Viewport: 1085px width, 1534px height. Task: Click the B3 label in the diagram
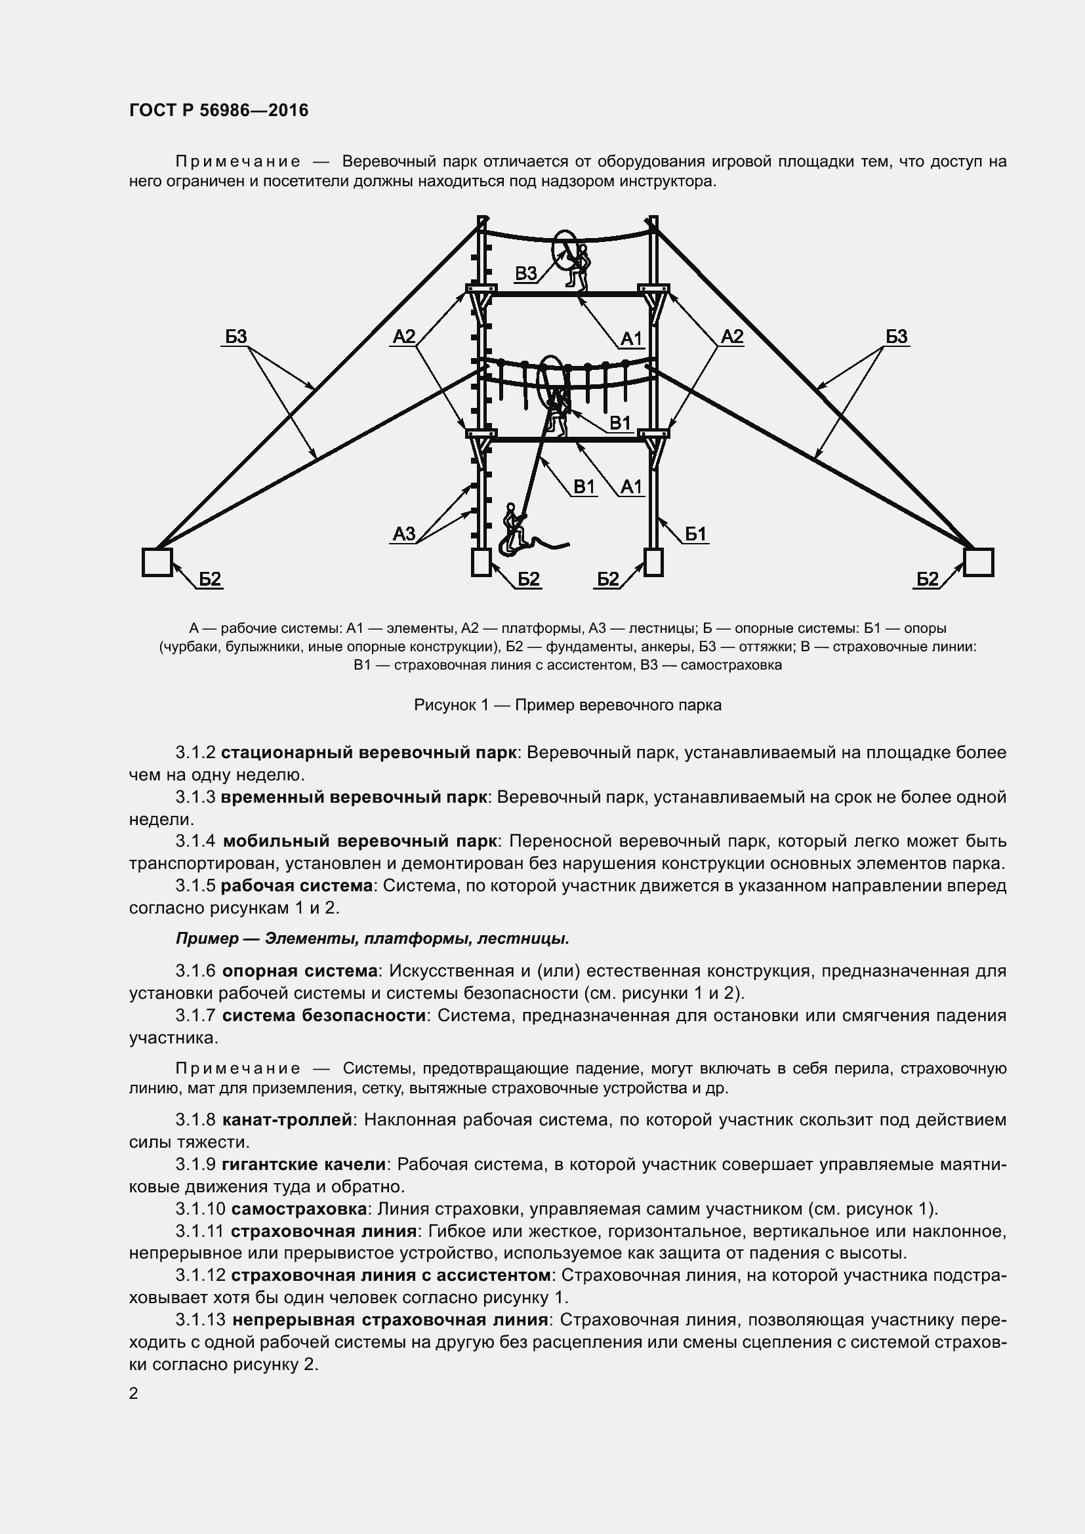(526, 273)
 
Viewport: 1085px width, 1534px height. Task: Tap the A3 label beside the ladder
(403, 533)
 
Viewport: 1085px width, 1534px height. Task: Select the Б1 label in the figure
(695, 534)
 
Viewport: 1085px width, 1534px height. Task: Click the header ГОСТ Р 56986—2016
(218, 110)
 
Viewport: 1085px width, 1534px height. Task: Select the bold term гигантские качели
(304, 1164)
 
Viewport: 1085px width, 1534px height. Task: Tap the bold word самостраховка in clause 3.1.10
(299, 1209)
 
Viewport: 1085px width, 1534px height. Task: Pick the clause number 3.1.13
(201, 1320)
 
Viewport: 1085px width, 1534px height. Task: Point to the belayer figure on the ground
(513, 525)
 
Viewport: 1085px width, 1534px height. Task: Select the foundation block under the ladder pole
(481, 562)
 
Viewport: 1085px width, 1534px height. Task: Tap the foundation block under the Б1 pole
(653, 562)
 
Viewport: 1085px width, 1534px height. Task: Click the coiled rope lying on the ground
(535, 544)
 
